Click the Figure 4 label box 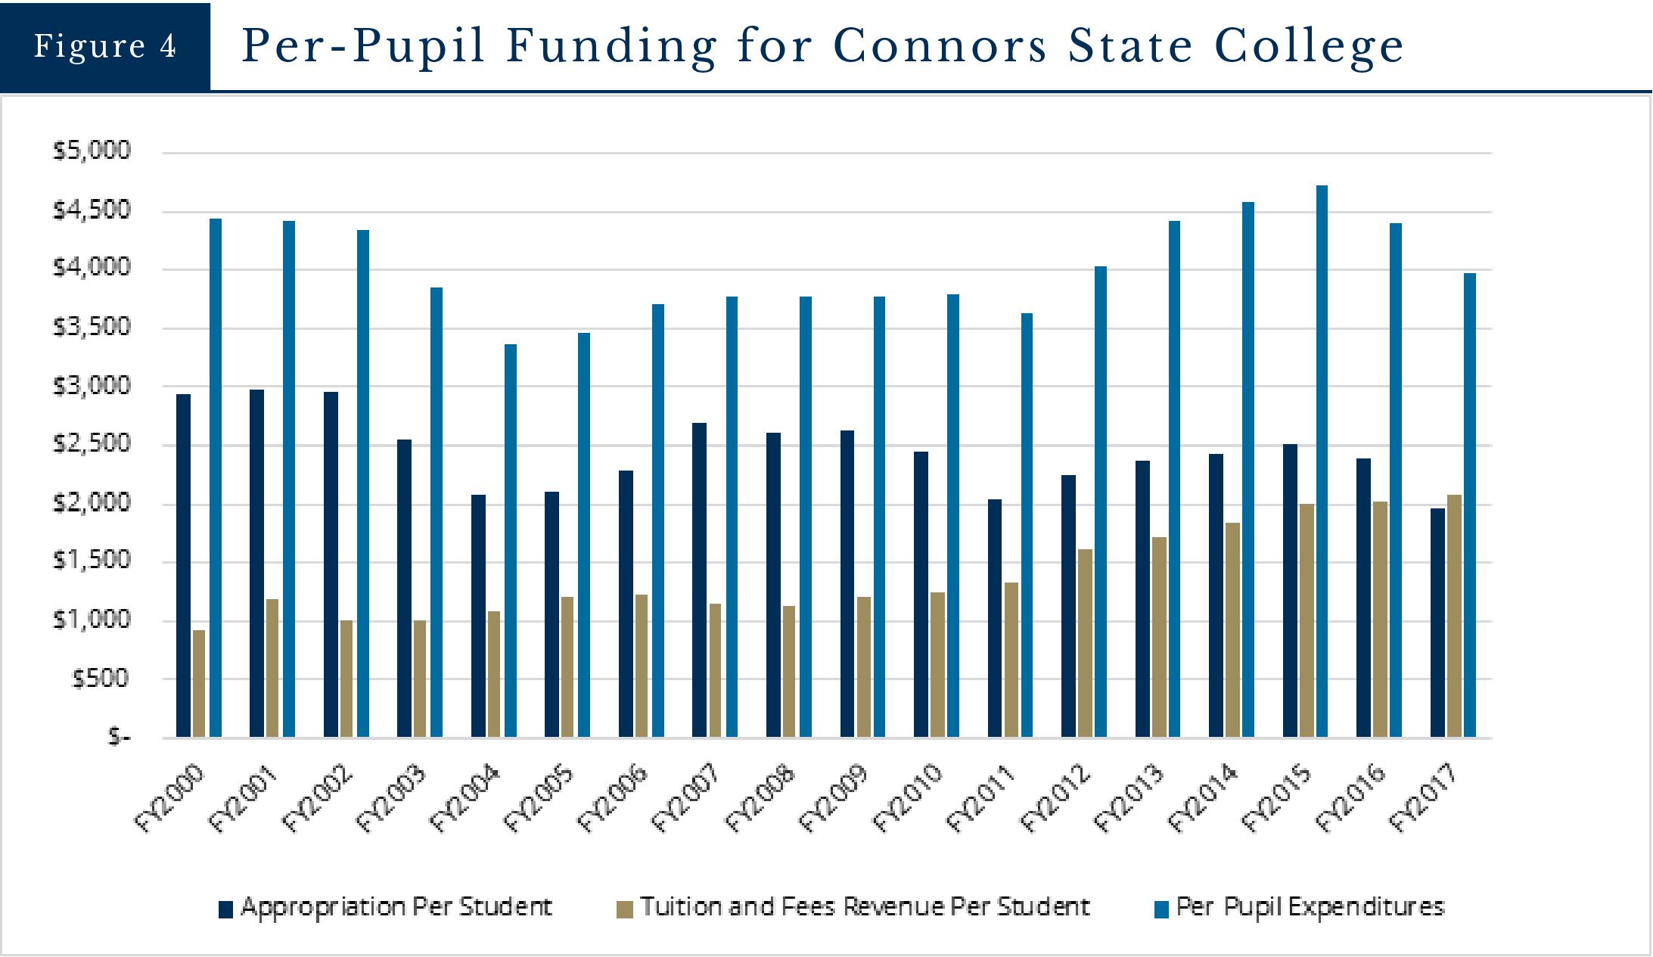point(104,46)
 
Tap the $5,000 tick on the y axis point(92,151)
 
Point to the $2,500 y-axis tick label point(92,444)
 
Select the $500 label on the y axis point(101,679)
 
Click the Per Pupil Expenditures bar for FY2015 point(1322,461)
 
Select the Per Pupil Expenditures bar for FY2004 point(511,540)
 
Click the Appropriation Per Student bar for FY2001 point(257,563)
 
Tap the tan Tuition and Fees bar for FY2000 point(199,683)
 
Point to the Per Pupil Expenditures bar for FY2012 point(1100,501)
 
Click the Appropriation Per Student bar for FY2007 point(700,579)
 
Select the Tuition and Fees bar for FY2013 point(1159,636)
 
